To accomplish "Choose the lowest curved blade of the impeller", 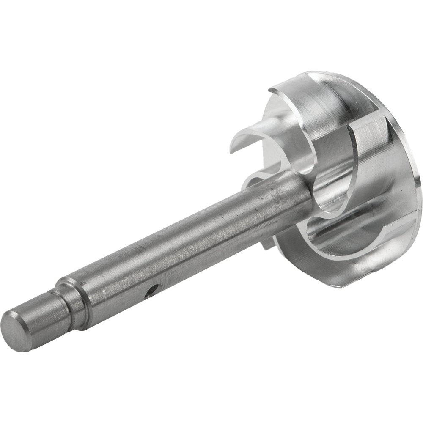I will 334,237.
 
